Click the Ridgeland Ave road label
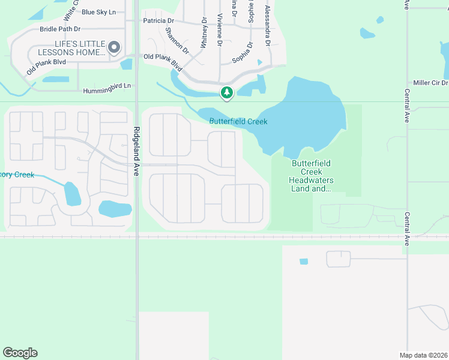tap(136, 151)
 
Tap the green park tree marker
tap(226, 92)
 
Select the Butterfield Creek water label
tap(238, 122)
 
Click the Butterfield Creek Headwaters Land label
tap(312, 176)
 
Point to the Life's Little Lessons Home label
tap(71, 48)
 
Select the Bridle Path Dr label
tap(60, 29)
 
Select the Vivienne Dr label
tap(220, 30)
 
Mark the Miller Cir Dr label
tap(430, 83)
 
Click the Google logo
tap(20, 353)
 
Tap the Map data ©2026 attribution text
tap(423, 355)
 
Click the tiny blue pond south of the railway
tap(303, 262)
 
